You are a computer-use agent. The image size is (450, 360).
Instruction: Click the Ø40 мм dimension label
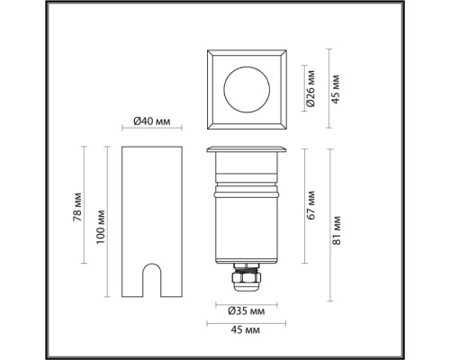tap(152, 121)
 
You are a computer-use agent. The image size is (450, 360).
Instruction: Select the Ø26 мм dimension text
tap(311, 88)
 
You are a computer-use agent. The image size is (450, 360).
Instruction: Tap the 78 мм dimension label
tap(77, 207)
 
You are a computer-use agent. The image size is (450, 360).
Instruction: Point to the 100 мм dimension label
tap(101, 227)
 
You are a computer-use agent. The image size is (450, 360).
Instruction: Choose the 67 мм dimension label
tap(311, 205)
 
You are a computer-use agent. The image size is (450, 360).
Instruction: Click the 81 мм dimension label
tap(337, 230)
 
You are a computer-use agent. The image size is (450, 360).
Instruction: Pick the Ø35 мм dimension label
tap(247, 311)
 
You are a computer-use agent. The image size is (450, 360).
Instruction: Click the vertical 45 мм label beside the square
tap(336, 89)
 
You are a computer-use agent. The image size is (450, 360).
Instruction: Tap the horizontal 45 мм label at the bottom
tap(246, 330)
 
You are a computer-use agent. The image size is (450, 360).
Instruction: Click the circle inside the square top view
tap(247, 67)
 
